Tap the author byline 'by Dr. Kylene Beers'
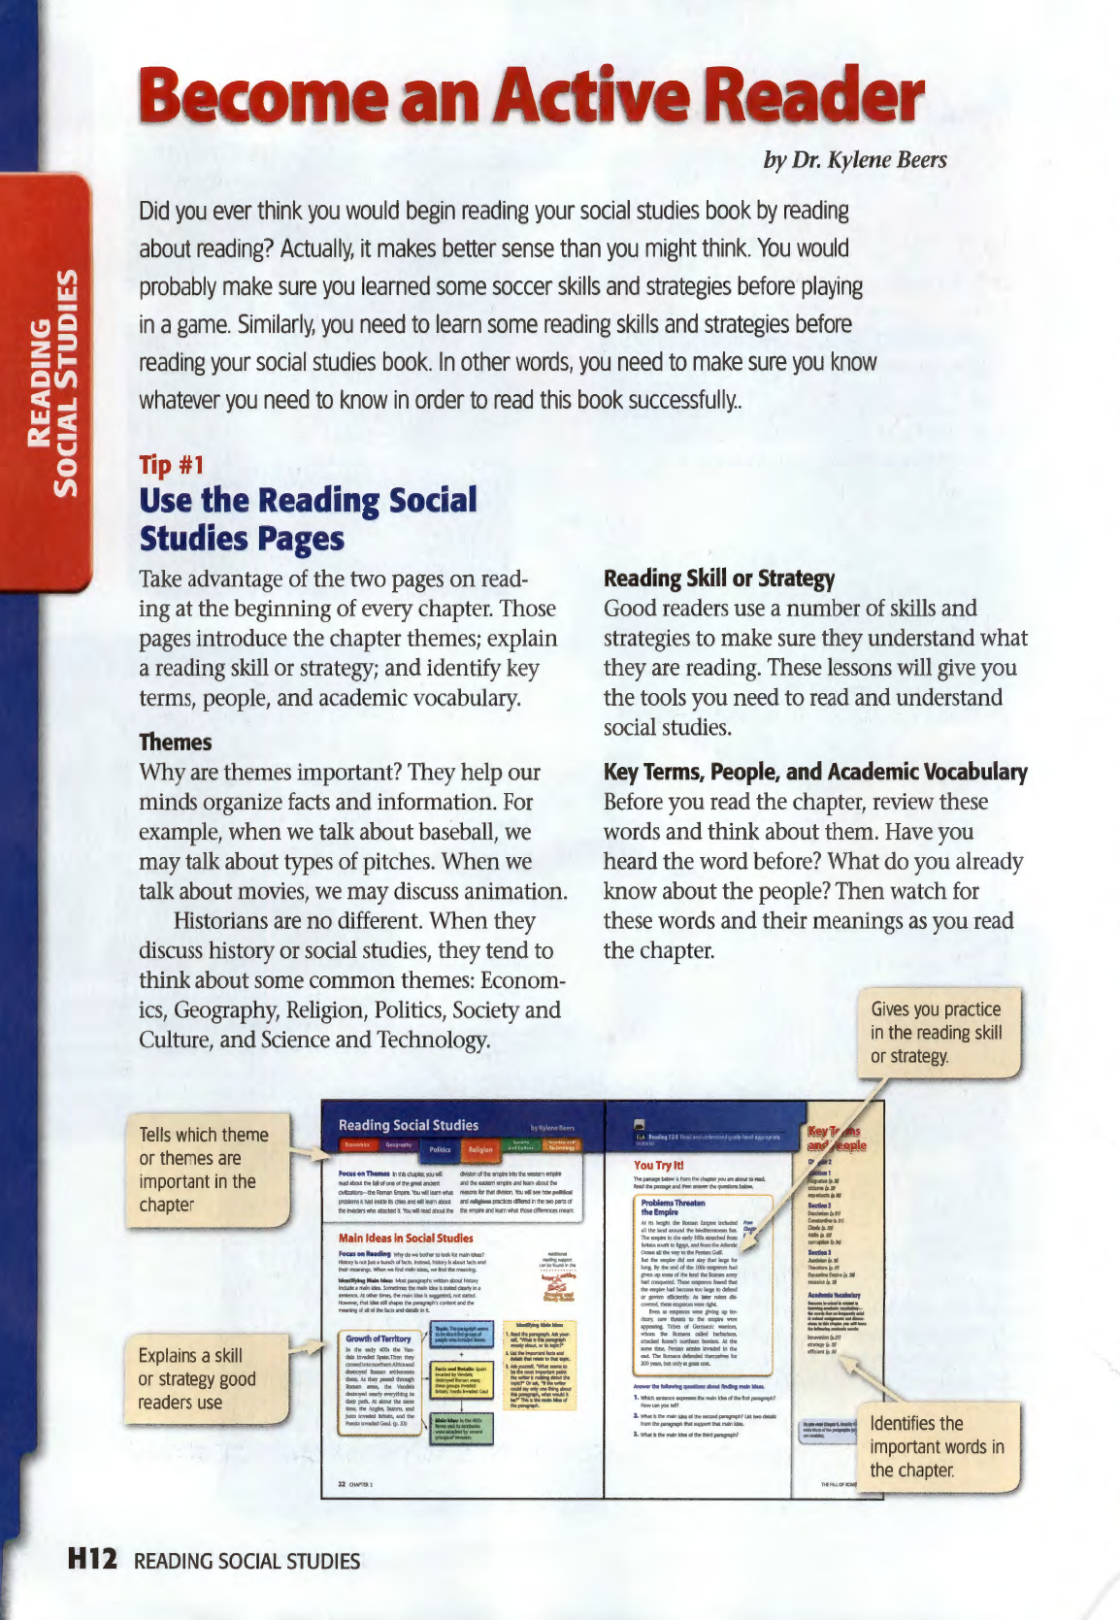(854, 160)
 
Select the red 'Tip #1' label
(171, 465)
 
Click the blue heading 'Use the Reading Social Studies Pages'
(308, 519)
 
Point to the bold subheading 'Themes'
(175, 743)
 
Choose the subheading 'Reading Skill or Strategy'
(718, 579)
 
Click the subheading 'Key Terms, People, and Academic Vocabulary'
(815, 773)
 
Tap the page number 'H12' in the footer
(92, 1560)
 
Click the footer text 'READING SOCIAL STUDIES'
(247, 1562)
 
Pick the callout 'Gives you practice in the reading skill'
(937, 1033)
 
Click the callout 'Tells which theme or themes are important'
(205, 1170)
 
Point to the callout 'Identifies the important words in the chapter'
(937, 1446)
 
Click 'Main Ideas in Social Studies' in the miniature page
(406, 1238)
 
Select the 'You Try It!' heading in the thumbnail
(659, 1165)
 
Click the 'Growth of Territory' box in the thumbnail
(379, 1339)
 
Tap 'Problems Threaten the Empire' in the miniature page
(673, 1207)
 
